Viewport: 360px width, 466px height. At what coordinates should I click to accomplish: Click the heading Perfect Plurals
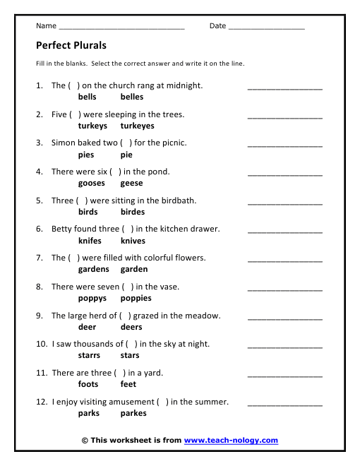coord(71,45)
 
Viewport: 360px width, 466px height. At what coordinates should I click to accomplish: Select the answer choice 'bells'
coord(88,97)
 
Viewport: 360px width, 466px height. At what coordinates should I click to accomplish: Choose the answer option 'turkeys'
coord(92,126)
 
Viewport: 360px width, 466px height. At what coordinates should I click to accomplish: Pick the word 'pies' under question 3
coord(86,155)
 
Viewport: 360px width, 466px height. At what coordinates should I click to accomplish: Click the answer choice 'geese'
coord(132,183)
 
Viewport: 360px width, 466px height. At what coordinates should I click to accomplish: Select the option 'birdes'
coord(133,212)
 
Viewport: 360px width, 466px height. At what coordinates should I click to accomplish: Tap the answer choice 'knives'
coord(133,241)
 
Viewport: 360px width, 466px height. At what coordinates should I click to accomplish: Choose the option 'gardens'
coord(94,269)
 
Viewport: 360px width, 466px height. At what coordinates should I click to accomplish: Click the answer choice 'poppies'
coord(136,298)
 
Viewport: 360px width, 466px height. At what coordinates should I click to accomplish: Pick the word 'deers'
coord(131,327)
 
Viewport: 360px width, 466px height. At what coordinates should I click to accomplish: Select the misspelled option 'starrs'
coord(89,356)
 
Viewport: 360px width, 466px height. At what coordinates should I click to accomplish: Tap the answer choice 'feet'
coord(128,384)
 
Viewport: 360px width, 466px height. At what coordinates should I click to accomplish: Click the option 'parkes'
coord(134,413)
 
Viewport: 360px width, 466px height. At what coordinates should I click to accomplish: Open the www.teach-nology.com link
coord(231,441)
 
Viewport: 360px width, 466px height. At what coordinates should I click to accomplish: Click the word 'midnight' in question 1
coord(185,85)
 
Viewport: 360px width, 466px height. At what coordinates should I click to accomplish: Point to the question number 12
coord(41,402)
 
